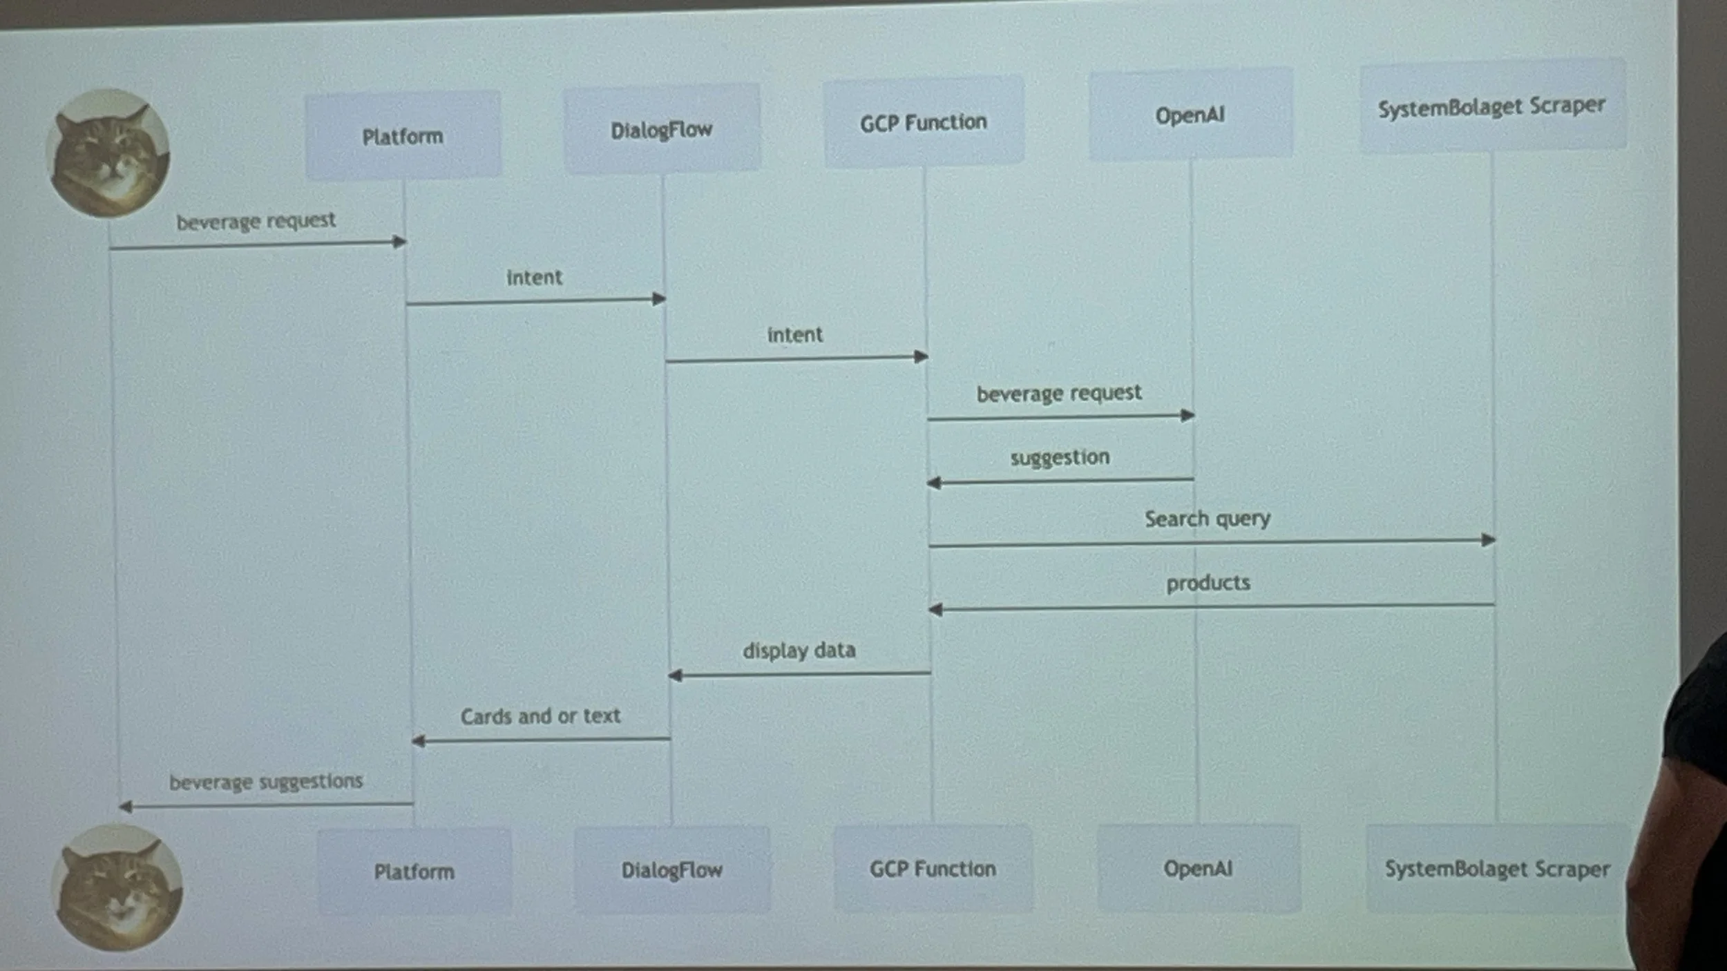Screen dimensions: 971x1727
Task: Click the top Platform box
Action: click(403, 135)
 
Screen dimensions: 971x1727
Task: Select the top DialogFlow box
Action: click(662, 128)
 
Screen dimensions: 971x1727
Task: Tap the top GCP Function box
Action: click(924, 122)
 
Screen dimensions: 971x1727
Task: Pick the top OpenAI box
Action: click(1190, 114)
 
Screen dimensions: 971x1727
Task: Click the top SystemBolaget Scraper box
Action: click(1492, 106)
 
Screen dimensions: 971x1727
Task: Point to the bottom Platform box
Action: click(414, 871)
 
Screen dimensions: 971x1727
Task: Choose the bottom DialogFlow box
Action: click(672, 869)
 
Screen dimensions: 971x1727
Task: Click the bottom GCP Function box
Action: click(933, 868)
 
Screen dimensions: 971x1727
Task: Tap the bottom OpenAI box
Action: click(1199, 867)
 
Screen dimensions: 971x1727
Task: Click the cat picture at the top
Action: click(108, 153)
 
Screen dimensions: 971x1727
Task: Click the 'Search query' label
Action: click(1208, 518)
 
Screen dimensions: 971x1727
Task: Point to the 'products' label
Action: click(1208, 582)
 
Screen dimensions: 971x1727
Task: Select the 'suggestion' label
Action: click(1060, 456)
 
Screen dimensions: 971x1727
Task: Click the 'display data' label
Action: click(799, 650)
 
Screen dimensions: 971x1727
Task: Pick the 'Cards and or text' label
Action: click(541, 715)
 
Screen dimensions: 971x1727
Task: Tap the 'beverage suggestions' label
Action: click(266, 781)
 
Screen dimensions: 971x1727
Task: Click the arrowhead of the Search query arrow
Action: click(1489, 540)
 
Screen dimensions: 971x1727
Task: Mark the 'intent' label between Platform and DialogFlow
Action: click(535, 277)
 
